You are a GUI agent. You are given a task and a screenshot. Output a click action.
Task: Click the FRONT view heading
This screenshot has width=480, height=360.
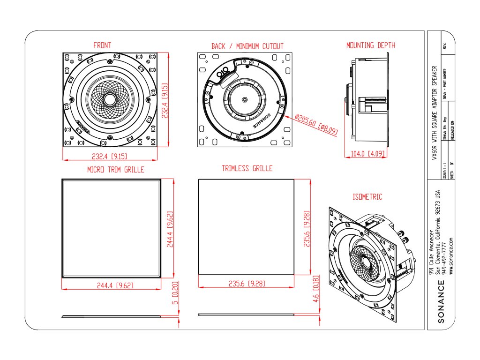click(x=102, y=45)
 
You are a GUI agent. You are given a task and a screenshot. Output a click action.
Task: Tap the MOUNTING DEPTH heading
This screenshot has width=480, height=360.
click(x=370, y=45)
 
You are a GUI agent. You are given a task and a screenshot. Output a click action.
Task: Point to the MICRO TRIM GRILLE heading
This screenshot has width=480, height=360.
click(x=115, y=170)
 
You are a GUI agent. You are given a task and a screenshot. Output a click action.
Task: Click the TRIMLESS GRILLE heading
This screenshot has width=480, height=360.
click(x=247, y=168)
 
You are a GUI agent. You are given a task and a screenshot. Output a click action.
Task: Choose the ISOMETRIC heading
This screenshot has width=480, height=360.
click(x=367, y=197)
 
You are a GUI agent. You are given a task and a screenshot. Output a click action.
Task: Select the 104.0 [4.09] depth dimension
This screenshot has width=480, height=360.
click(x=369, y=154)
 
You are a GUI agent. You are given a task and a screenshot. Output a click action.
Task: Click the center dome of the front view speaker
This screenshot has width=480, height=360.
click(x=110, y=99)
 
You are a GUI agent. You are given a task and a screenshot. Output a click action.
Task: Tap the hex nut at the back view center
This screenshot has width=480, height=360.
click(x=245, y=99)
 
